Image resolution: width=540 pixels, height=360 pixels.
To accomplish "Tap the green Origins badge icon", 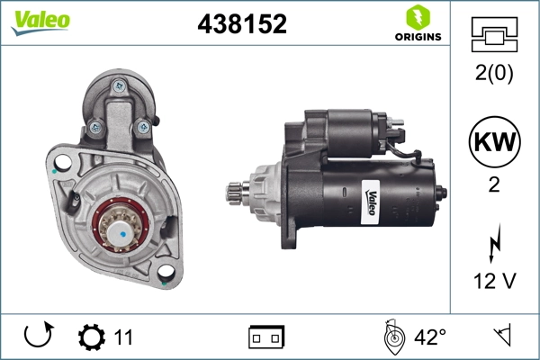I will point(417,17).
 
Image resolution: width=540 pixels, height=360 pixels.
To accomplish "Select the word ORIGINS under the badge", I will point(417,37).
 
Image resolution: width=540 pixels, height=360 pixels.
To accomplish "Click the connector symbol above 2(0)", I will point(493,37).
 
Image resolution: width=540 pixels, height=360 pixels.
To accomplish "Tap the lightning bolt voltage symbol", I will point(493,244).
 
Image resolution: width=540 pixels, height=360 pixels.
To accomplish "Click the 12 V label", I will point(493,282).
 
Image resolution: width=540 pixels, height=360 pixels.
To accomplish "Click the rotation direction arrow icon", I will point(37,337).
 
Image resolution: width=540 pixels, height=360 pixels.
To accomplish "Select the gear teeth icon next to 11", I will point(91,337).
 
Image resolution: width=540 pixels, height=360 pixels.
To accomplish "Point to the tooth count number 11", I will point(123,337).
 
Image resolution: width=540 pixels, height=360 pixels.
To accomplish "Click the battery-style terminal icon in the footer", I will point(266,337).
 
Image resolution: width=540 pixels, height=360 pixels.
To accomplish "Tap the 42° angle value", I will point(430,337).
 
